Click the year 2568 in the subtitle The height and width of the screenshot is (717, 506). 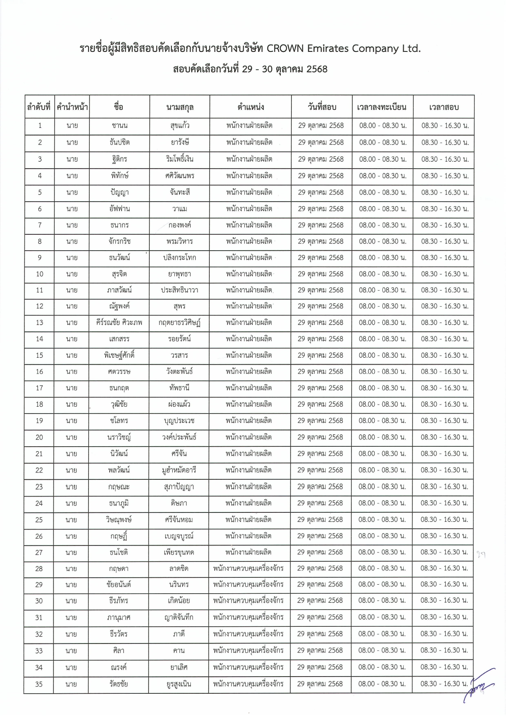[317, 69]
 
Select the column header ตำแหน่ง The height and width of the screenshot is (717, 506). [251, 107]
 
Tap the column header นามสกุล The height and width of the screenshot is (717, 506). [180, 107]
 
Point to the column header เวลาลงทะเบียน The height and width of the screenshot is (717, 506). [382, 107]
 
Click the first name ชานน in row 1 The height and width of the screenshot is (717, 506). [119, 126]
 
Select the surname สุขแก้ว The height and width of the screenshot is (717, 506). [180, 126]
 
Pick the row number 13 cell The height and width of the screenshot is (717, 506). [39, 323]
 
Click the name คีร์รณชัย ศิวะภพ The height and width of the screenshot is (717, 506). [119, 323]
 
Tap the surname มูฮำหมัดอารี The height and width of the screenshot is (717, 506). [179, 470]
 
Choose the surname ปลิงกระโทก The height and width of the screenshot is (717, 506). [180, 258]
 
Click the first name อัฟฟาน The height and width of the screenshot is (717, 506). [119, 209]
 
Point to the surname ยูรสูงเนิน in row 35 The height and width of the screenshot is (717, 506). [179, 684]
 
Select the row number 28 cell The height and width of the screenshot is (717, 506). [39, 568]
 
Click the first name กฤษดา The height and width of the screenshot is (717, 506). [118, 568]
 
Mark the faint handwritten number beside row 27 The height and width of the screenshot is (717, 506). [481, 554]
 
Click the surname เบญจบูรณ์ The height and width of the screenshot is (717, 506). [179, 536]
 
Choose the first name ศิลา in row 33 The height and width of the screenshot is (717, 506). [118, 650]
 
